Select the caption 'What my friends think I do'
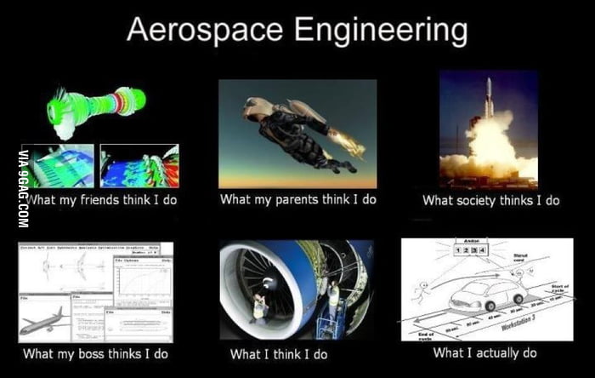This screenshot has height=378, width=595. click(x=100, y=201)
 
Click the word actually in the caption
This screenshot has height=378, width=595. click(x=496, y=352)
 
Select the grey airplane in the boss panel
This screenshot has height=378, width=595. click(x=42, y=320)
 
